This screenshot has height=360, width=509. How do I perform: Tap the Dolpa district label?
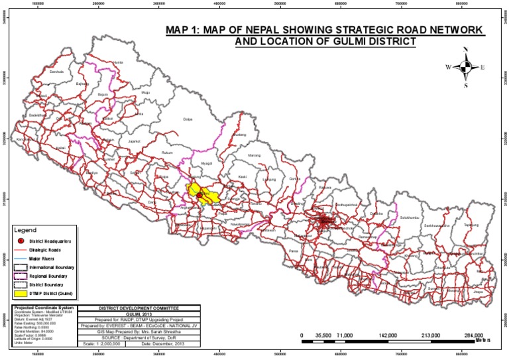(187, 119)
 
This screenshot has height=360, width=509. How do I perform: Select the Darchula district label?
(56, 72)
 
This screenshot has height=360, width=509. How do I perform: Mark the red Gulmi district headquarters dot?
(199, 195)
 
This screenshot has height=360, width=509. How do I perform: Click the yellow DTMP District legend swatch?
(22, 293)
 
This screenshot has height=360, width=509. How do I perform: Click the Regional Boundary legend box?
(22, 274)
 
